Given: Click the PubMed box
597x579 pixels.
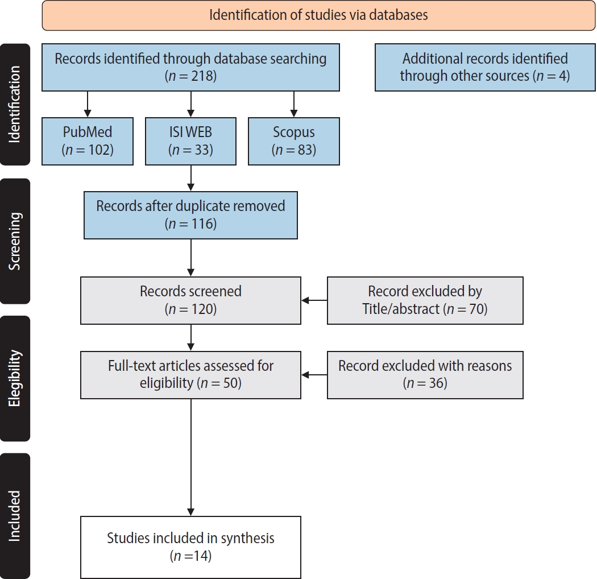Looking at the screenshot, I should click(88, 141).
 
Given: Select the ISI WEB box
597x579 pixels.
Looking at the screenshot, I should click(190, 141).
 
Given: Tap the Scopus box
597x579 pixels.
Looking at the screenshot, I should click(293, 141).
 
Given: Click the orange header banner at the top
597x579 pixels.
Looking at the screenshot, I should click(318, 15).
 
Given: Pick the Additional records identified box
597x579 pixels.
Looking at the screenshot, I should click(485, 67).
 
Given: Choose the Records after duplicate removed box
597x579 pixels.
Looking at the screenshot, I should click(190, 214).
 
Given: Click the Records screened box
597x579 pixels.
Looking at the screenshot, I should click(190, 300).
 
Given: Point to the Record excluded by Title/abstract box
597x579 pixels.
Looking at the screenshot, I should click(425, 300).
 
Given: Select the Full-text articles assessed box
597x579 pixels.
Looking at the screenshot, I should click(190, 375).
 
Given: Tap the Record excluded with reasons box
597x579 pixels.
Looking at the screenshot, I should click(425, 375).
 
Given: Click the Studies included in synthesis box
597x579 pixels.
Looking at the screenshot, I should click(190, 547).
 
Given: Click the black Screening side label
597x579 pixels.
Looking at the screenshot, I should click(15, 241).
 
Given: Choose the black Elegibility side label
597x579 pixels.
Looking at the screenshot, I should click(15, 378).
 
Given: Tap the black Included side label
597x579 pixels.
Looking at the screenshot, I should click(15, 515).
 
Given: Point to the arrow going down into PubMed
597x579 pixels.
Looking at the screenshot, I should click(88, 104).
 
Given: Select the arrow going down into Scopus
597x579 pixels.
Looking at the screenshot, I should click(293, 104).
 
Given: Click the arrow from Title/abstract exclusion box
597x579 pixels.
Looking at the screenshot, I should click(314, 300).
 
